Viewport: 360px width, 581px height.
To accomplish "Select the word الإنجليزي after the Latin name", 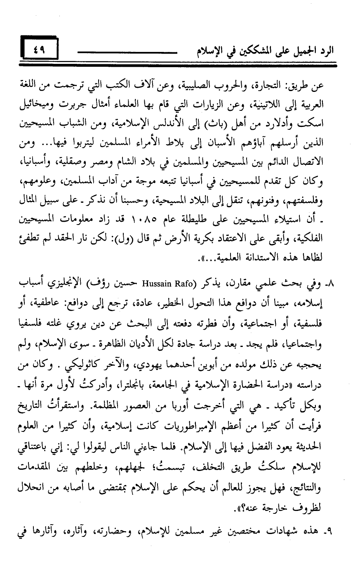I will (x=81, y=284).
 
